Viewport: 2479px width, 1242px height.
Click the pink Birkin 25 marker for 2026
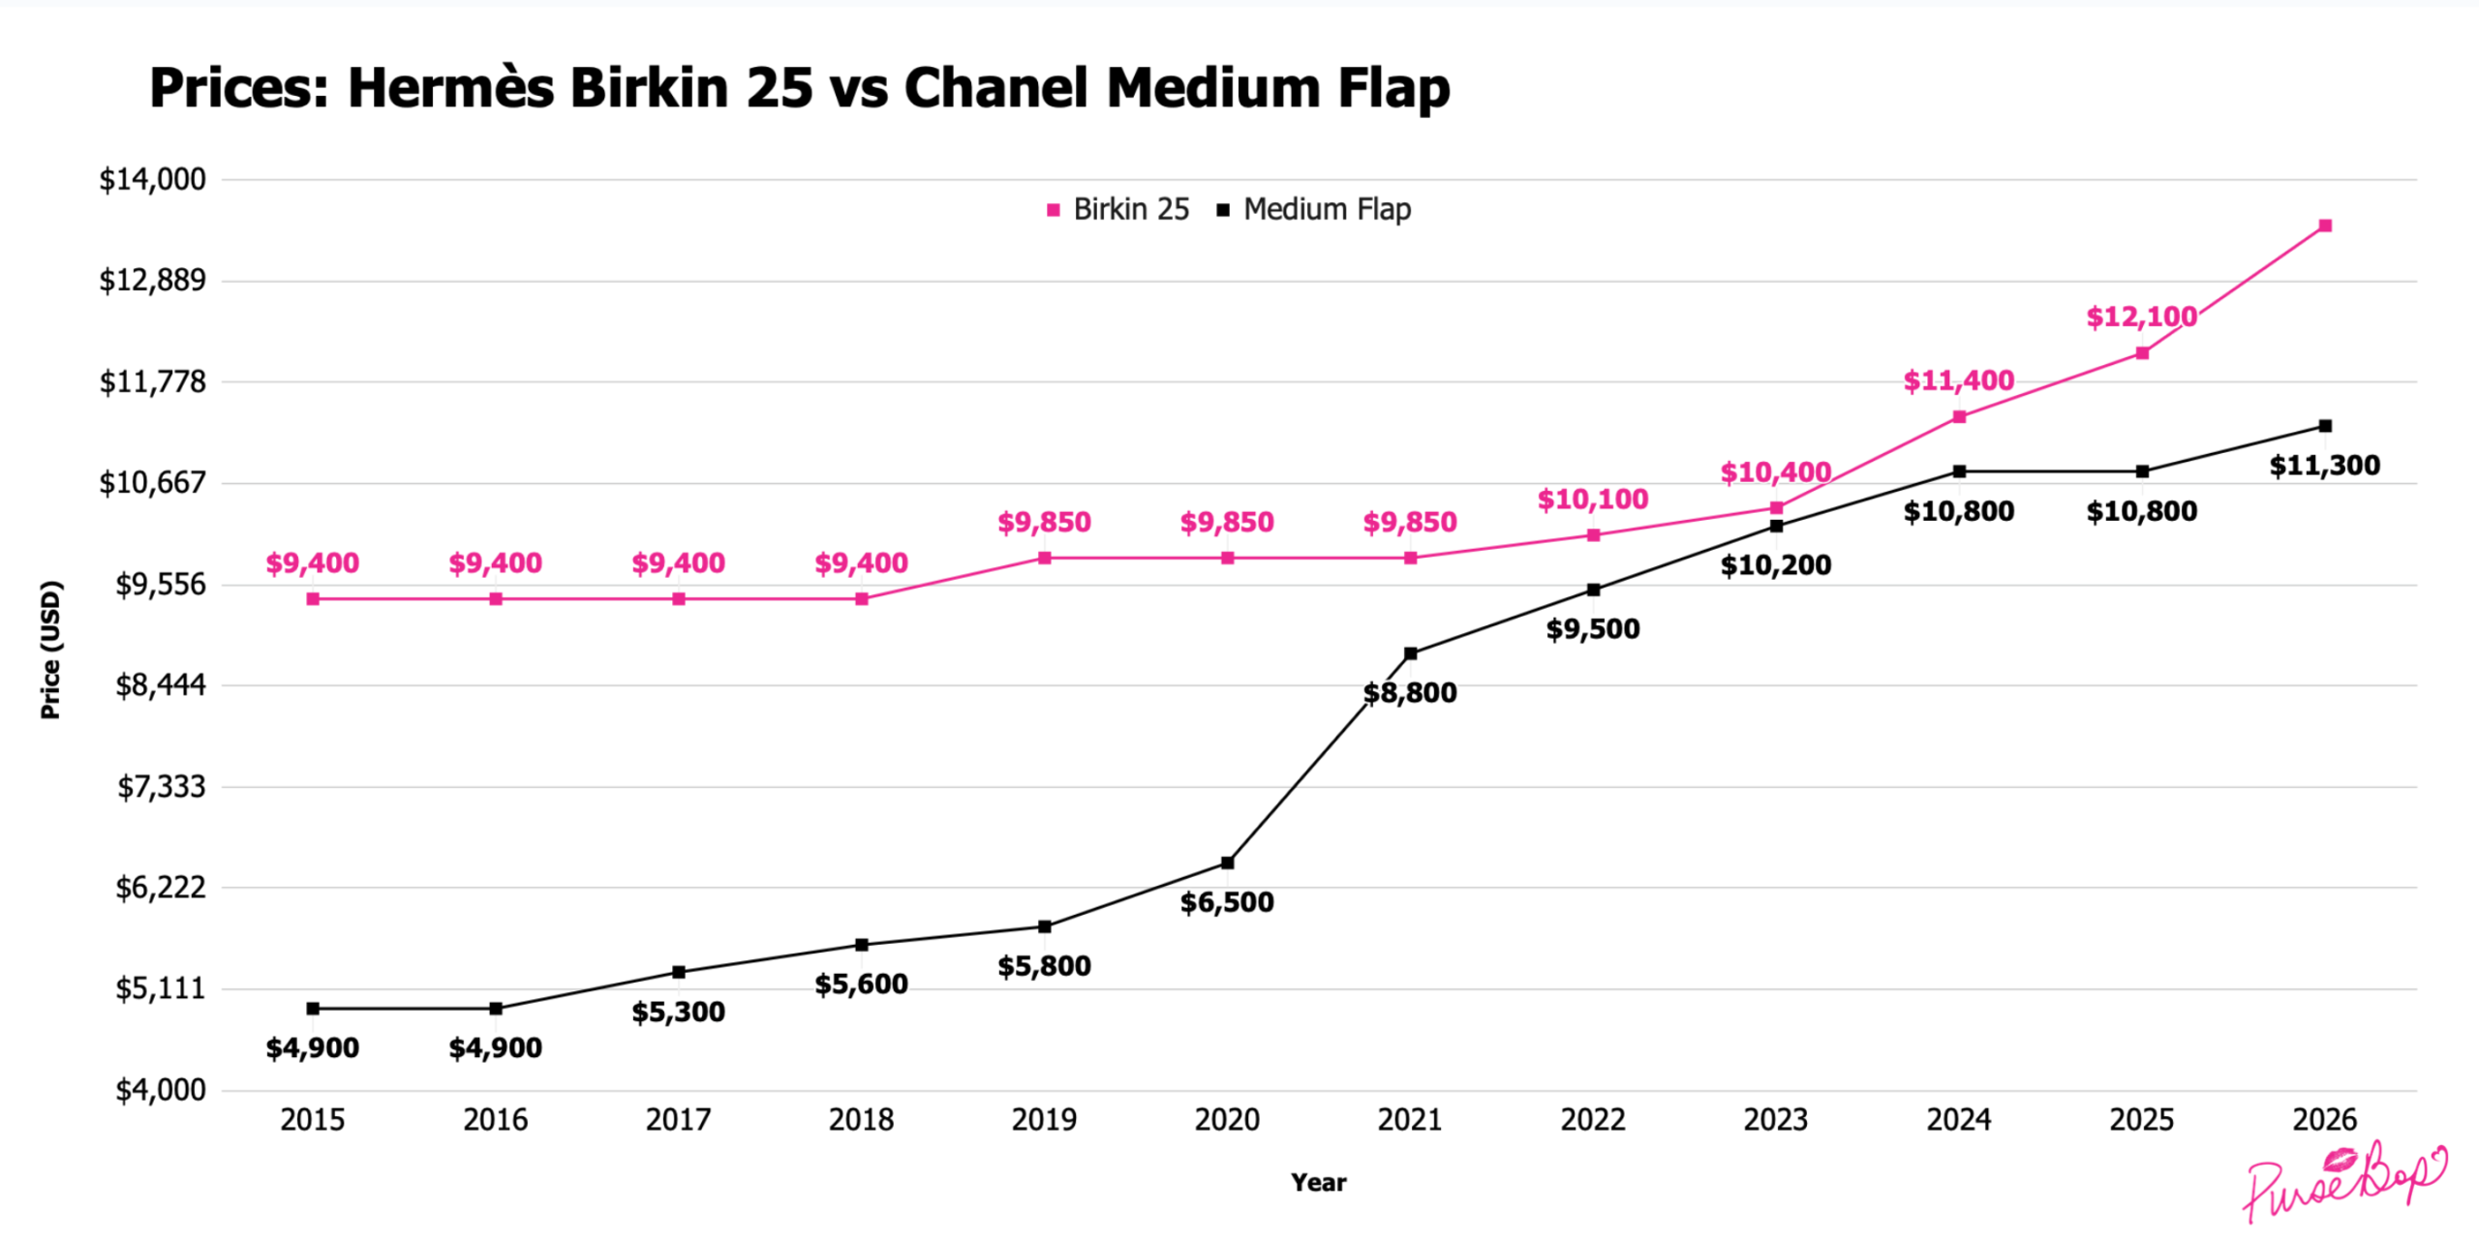tap(2324, 226)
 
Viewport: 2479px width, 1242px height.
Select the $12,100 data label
tap(2141, 317)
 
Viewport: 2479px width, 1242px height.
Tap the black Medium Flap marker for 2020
tap(1227, 863)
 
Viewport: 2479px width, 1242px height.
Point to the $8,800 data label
tap(1409, 693)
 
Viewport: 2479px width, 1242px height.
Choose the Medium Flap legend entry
tap(1314, 209)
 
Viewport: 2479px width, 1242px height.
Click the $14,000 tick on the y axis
tap(152, 179)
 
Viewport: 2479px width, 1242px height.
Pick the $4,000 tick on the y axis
tap(161, 1090)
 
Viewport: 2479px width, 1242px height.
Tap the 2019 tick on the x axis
tap(1044, 1120)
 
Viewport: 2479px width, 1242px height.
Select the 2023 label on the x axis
tap(1775, 1120)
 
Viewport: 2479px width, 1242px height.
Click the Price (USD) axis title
tap(50, 650)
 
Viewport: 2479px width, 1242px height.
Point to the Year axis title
tap(1318, 1182)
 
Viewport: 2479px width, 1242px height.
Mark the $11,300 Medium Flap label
tap(2324, 466)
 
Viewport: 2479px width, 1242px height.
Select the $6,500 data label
tap(1227, 902)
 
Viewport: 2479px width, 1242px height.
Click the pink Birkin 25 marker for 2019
tap(1044, 558)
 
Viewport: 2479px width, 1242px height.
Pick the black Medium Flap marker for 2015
tap(313, 1009)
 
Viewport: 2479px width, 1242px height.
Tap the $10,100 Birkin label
tap(1592, 500)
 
